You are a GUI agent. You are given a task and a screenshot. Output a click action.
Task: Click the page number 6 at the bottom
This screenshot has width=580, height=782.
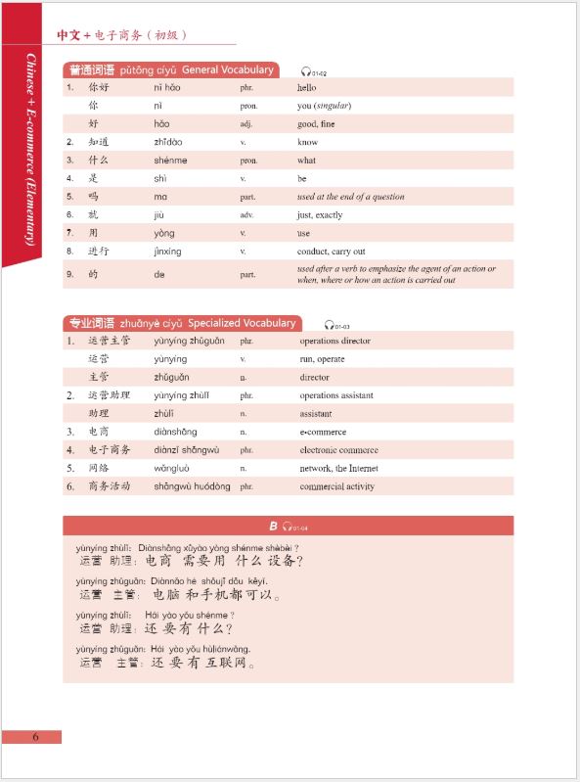click(34, 737)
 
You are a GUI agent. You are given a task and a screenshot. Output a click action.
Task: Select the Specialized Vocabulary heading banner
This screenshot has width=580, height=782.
click(181, 323)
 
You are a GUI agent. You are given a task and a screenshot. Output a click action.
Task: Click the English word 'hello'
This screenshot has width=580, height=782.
click(307, 87)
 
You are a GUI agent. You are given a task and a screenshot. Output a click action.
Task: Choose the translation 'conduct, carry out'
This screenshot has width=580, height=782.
click(333, 252)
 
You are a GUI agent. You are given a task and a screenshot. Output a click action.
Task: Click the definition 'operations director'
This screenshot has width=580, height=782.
click(335, 341)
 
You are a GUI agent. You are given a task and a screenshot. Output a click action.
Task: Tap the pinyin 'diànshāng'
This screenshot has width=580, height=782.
click(175, 432)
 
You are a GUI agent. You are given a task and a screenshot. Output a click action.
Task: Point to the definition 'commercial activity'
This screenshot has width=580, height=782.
click(336, 486)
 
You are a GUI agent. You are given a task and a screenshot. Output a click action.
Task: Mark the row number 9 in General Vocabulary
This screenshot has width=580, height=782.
click(69, 274)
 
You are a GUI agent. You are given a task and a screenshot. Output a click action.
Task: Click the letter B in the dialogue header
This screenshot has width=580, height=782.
click(274, 526)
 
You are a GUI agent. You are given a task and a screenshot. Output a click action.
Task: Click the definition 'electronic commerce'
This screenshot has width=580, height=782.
click(338, 450)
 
